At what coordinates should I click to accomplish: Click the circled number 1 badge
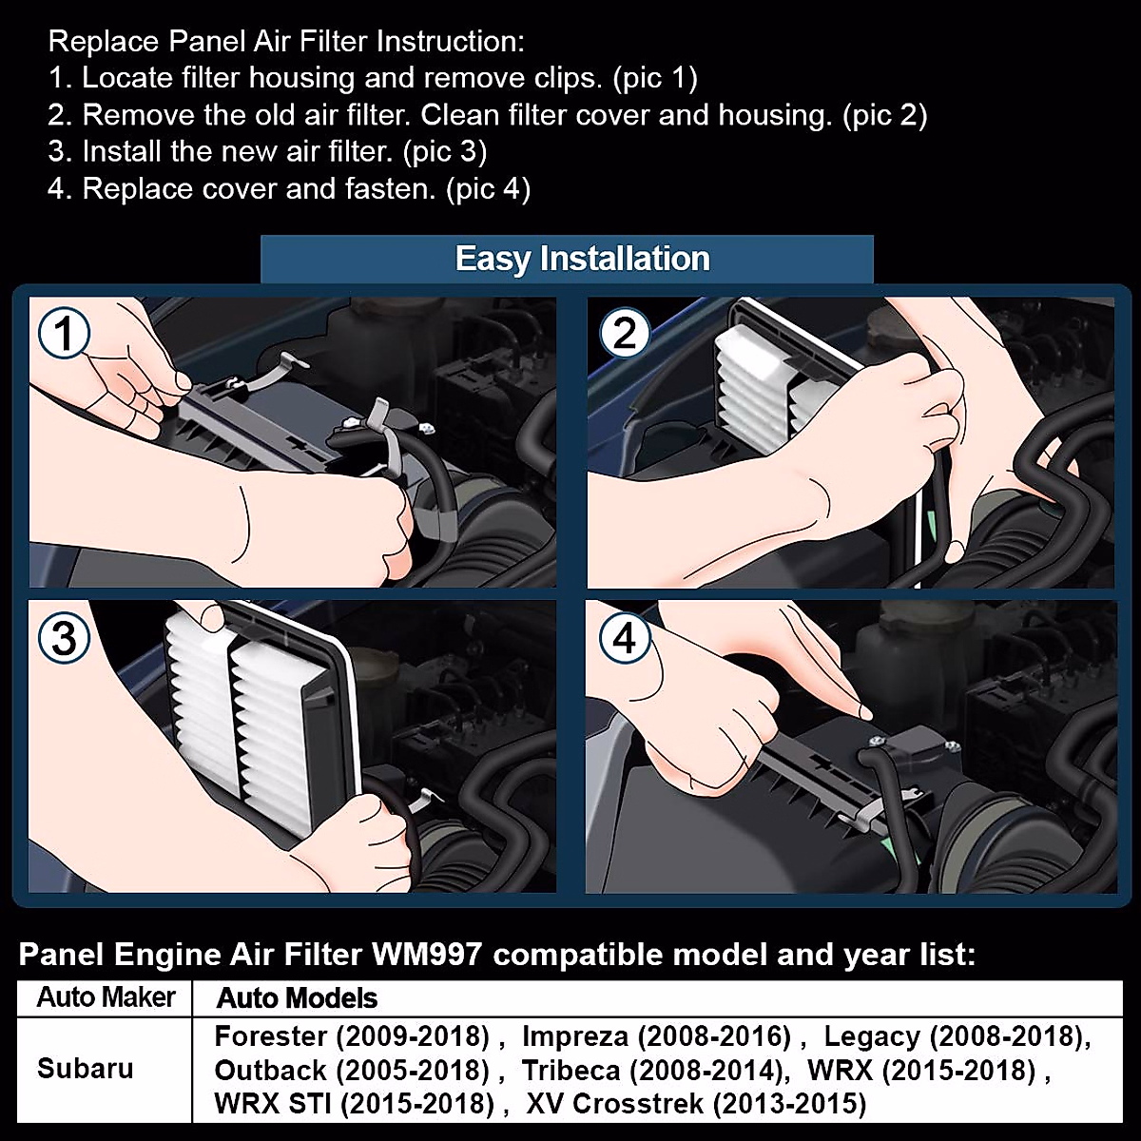[64, 334]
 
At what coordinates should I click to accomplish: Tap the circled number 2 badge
[625, 334]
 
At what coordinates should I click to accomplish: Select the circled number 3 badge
[64, 638]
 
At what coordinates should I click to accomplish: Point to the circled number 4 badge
[625, 638]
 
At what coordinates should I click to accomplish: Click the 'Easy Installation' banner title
[582, 259]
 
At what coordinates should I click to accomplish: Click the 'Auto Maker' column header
[106, 997]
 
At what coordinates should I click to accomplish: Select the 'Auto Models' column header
[297, 998]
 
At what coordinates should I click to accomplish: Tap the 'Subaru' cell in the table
[85, 1068]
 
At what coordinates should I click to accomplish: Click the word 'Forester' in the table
[271, 1036]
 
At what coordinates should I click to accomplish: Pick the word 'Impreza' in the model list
[574, 1036]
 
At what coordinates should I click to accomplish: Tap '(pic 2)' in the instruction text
[883, 115]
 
